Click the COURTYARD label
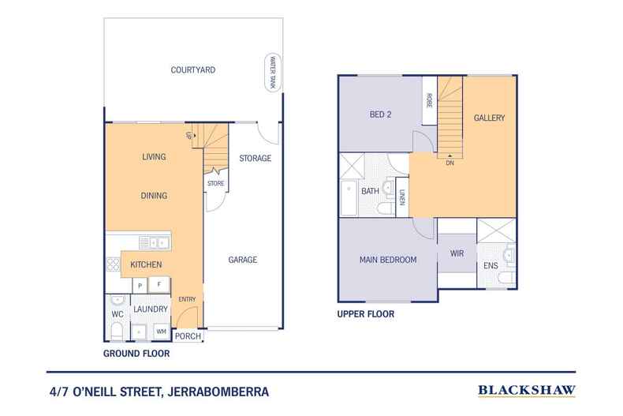click(192, 70)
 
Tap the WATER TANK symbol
click(273, 73)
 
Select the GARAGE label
click(243, 260)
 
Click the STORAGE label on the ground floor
click(255, 159)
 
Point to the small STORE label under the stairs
click(215, 184)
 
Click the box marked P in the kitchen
click(140, 284)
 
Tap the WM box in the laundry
click(161, 331)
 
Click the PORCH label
click(188, 336)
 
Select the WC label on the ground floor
click(117, 315)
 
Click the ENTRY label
click(187, 299)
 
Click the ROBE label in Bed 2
click(430, 100)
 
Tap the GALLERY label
click(489, 118)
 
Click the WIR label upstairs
click(457, 254)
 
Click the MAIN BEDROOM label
click(388, 260)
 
